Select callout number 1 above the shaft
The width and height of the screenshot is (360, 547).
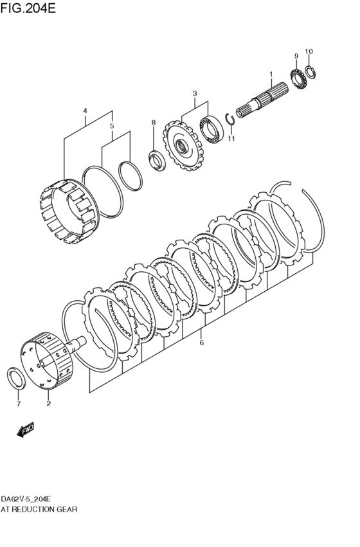271,74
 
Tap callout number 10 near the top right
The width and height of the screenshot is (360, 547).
309,51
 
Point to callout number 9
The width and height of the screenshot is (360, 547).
296,56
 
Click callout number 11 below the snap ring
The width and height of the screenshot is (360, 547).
231,138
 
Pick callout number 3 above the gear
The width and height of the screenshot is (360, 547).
194,94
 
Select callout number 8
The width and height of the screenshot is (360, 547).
153,122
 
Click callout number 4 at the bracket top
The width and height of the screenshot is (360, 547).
85,111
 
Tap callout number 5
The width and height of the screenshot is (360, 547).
111,126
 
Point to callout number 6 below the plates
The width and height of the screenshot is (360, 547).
201,343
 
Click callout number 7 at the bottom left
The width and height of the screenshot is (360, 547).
19,404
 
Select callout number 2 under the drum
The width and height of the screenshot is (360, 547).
48,404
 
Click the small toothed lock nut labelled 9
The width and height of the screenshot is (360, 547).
297,78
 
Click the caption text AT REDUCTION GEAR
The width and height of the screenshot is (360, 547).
39,509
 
